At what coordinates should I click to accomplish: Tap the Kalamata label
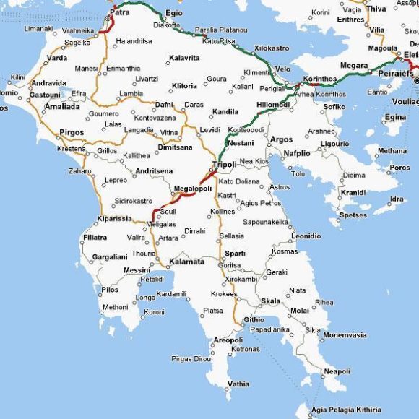click(x=186, y=262)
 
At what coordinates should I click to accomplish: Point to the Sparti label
click(x=235, y=253)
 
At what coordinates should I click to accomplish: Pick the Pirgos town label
click(x=72, y=132)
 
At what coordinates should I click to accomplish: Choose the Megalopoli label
click(x=193, y=189)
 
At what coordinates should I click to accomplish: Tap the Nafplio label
click(x=296, y=153)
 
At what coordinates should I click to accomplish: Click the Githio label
click(x=254, y=319)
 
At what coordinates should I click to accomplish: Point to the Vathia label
click(x=238, y=384)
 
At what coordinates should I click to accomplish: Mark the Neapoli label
click(x=337, y=371)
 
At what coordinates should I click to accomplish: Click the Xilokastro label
click(x=272, y=48)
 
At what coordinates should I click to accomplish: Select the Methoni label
click(x=116, y=307)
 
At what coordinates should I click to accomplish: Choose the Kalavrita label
click(x=184, y=57)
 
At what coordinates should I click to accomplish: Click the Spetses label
click(x=353, y=215)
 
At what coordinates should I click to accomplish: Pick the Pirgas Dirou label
click(x=191, y=358)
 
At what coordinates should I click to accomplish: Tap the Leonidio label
click(x=306, y=236)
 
